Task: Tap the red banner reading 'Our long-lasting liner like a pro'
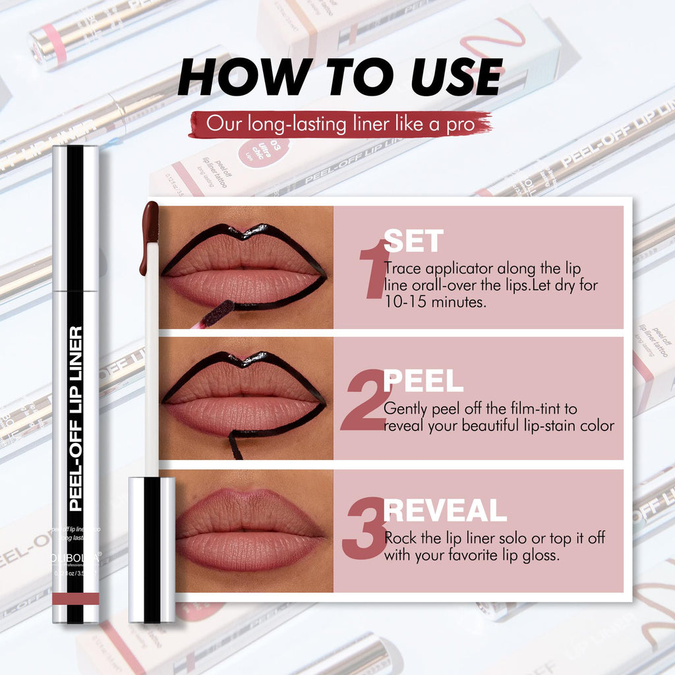click(340, 124)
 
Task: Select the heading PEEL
click(423, 381)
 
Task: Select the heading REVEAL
click(445, 511)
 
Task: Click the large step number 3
click(363, 528)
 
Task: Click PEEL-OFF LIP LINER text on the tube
click(76, 419)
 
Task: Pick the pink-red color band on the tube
click(75, 598)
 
